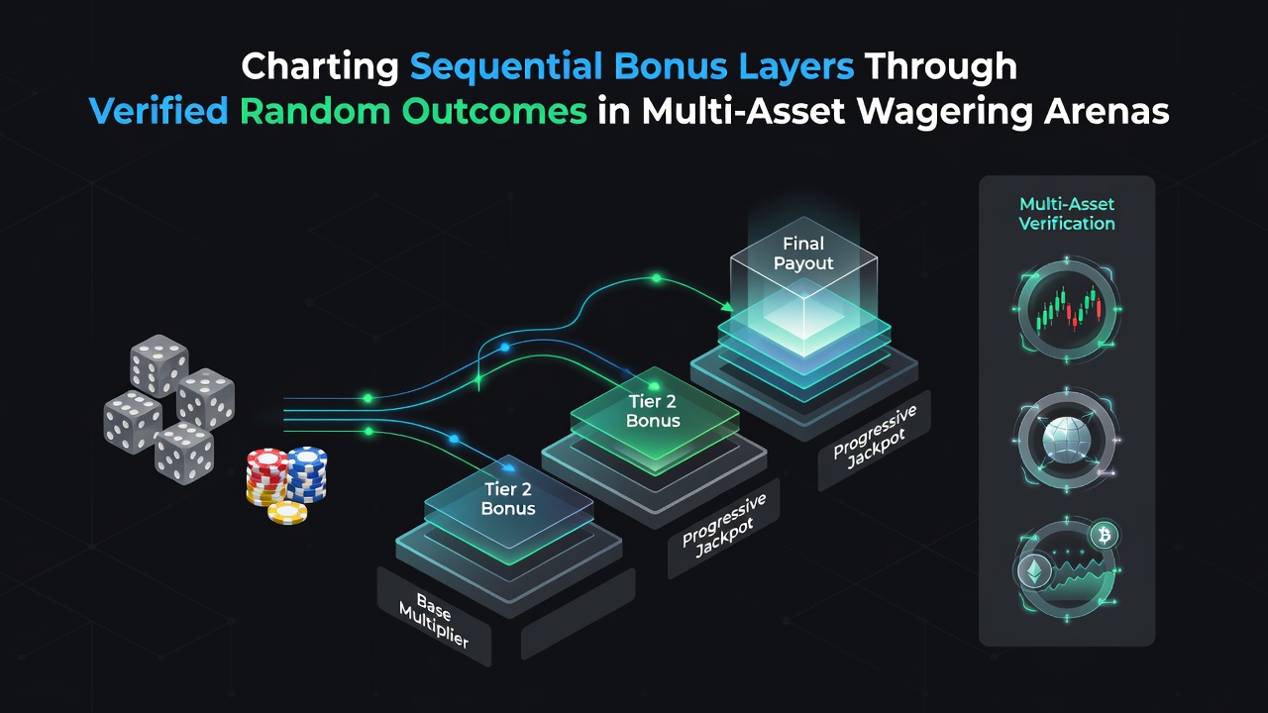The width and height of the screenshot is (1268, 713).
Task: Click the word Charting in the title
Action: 320,67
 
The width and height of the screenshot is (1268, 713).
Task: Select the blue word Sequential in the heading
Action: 506,66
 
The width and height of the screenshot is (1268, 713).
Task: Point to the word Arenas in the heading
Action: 1107,110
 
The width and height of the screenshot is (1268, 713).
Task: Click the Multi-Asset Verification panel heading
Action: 1067,214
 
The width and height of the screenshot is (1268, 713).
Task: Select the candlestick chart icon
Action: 1067,310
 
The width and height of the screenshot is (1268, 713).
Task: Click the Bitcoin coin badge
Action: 1104,535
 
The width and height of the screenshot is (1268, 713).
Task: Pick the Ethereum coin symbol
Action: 1035,572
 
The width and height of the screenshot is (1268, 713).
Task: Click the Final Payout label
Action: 803,254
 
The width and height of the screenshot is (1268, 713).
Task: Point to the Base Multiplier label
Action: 434,620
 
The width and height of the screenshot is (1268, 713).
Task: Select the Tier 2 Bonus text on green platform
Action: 653,411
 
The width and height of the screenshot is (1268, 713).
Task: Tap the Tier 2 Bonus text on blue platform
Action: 508,498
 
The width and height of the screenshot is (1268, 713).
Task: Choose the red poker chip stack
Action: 266,476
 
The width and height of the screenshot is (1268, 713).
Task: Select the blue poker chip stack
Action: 306,474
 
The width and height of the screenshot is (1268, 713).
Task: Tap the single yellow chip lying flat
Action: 287,513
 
